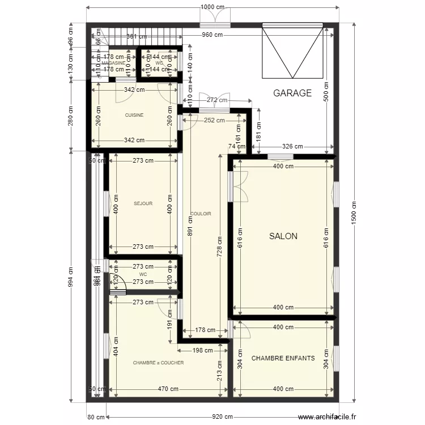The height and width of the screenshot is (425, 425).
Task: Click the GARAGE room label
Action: coord(292,93)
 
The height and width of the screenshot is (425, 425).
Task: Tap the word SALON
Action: coord(283,236)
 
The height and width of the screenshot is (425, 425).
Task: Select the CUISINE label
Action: coord(134,115)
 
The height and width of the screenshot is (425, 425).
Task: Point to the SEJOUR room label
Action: coord(143,203)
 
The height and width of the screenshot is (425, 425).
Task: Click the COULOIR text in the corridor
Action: coord(201,214)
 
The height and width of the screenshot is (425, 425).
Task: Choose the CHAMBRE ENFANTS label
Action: coord(283,358)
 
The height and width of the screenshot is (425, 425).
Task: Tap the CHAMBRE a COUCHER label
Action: coord(158,363)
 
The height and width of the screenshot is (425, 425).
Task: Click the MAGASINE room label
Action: coord(113,63)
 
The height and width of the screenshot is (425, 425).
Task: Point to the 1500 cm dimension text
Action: coord(354,214)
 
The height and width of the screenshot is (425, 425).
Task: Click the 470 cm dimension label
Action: coord(169,389)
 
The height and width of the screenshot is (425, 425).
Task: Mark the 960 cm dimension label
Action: coord(214,35)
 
